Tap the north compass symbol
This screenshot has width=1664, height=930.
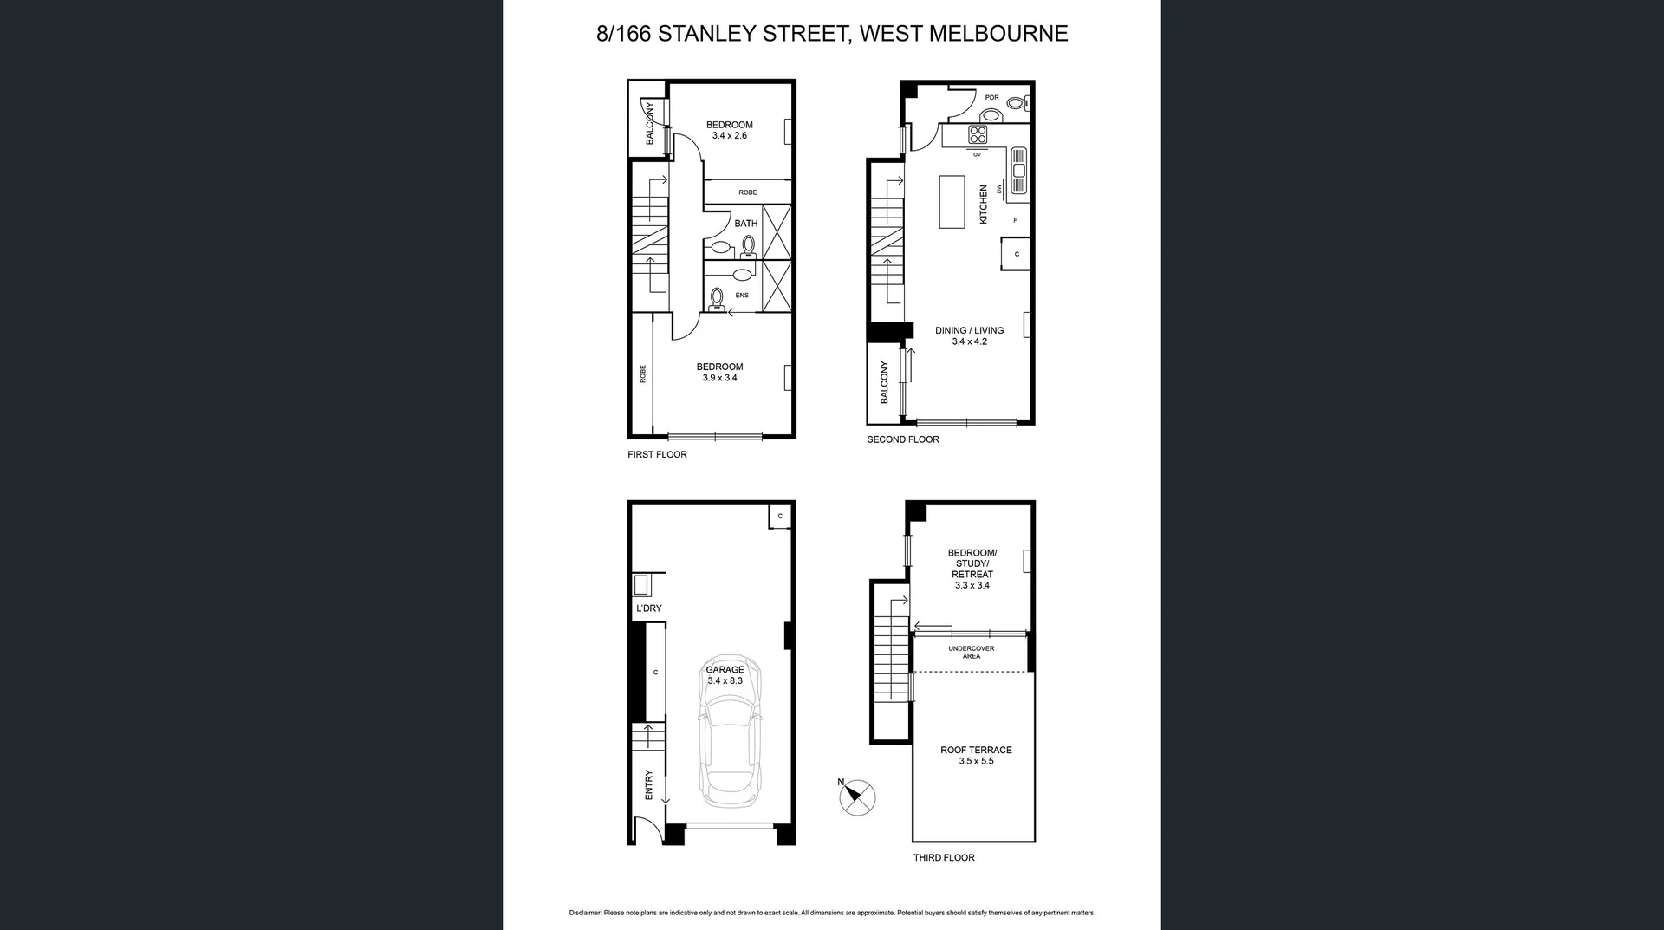pos(857,797)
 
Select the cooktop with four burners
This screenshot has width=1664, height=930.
pos(978,134)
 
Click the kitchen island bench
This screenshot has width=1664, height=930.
pos(952,202)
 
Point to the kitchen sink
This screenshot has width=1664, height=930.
pos(1018,170)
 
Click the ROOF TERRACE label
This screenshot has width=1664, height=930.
pos(976,750)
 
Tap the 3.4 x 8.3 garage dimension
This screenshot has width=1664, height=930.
pos(725,681)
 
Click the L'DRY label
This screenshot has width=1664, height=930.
pos(648,608)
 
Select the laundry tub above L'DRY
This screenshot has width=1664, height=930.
pos(641,585)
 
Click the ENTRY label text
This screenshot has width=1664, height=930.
pos(649,784)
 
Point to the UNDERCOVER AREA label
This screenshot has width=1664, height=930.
pos(971,652)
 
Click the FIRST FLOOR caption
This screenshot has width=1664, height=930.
pos(657,454)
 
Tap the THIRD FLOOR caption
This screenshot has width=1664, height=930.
pos(944,857)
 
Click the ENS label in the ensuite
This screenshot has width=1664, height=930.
pos(742,296)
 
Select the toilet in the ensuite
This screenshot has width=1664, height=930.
pos(717,298)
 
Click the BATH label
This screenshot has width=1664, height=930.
pos(745,224)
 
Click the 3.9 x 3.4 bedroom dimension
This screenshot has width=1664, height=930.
pos(719,378)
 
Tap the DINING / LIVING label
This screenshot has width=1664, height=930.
pos(969,330)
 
